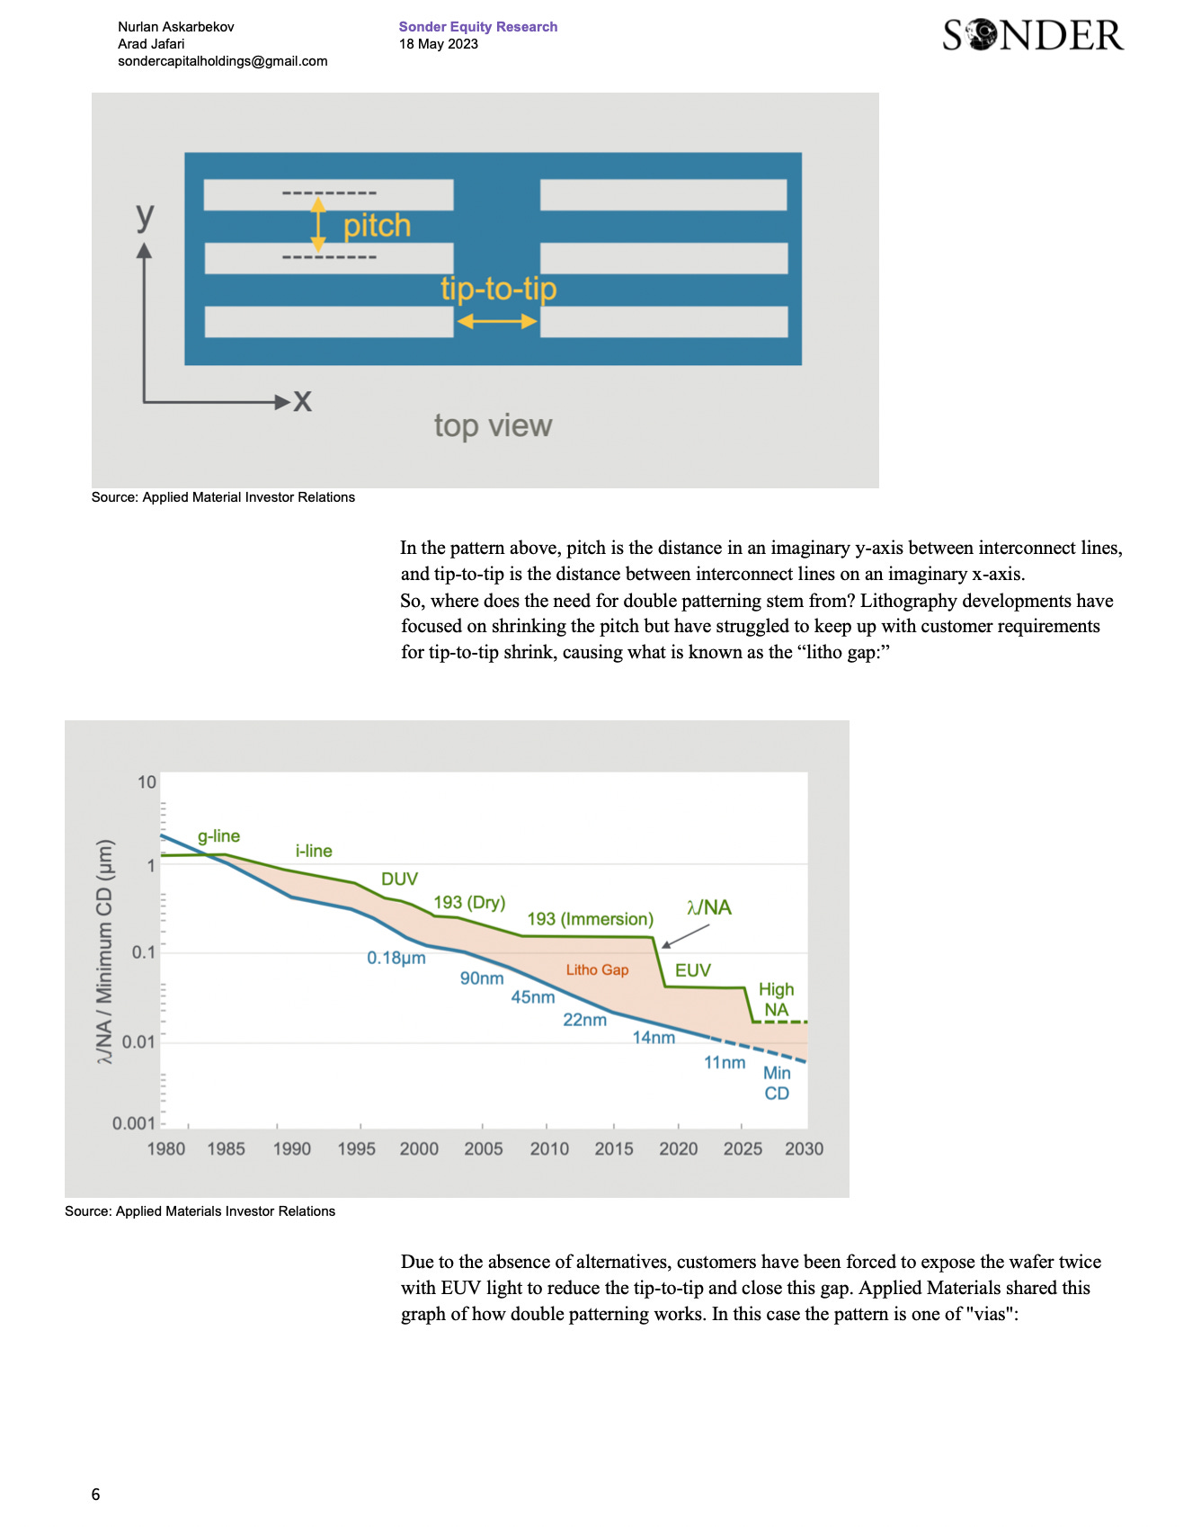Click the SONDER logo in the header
click(x=1033, y=35)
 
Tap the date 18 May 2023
click(x=439, y=44)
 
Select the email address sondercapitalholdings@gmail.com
click(x=223, y=61)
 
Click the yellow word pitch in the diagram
click(x=377, y=226)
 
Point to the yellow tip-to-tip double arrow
click(x=496, y=321)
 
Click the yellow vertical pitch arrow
click(x=318, y=225)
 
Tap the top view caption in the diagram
click(x=493, y=425)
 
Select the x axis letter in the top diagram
click(x=303, y=400)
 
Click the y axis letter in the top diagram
click(x=145, y=215)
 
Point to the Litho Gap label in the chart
click(x=597, y=969)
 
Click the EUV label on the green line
click(x=693, y=970)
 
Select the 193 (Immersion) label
click(x=590, y=919)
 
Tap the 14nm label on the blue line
click(x=654, y=1038)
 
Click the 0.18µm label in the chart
click(x=396, y=958)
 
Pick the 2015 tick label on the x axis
click(x=614, y=1148)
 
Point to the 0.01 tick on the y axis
click(x=138, y=1042)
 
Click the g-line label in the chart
click(x=218, y=836)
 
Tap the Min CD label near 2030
click(x=777, y=1083)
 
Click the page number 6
click(x=95, y=1495)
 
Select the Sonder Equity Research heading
click(x=478, y=27)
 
